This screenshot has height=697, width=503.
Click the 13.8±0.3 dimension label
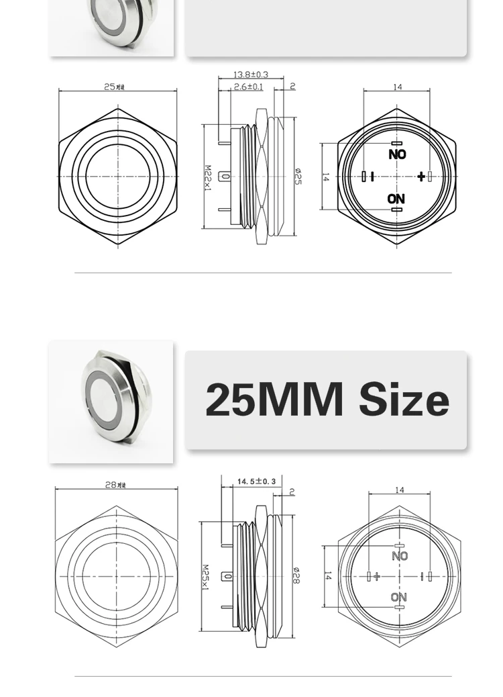250,75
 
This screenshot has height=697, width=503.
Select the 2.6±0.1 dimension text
248,87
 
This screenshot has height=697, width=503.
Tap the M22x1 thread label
208,178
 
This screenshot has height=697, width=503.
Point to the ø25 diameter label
298,176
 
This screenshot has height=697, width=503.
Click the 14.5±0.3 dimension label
256,481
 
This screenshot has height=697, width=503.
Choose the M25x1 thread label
206,577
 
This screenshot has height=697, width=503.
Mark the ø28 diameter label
296,575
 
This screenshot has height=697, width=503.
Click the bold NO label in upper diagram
397,154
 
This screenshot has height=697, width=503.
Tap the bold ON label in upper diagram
396,199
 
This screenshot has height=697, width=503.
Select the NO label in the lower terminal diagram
399,556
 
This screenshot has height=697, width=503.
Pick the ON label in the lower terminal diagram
398,597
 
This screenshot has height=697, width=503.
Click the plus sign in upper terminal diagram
421,177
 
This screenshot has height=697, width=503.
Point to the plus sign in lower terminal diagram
377,576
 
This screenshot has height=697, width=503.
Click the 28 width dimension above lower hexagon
115,485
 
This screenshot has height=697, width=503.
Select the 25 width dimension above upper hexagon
114,87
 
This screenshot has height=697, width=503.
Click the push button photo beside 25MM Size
111,401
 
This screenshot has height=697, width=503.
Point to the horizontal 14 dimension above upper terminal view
397,87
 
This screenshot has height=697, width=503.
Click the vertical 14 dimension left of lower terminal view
327,576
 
